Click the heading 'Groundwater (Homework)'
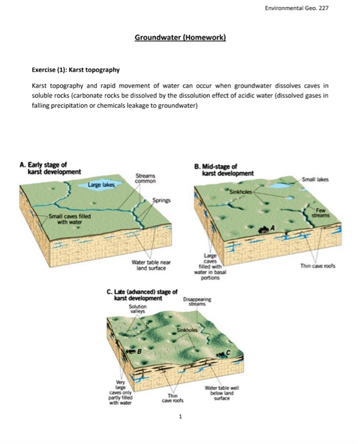click(180, 37)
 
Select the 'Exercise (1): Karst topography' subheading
click(75, 69)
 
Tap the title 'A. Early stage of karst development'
click(51, 169)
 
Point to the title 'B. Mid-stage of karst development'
click(228, 170)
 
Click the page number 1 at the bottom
click(180, 417)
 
